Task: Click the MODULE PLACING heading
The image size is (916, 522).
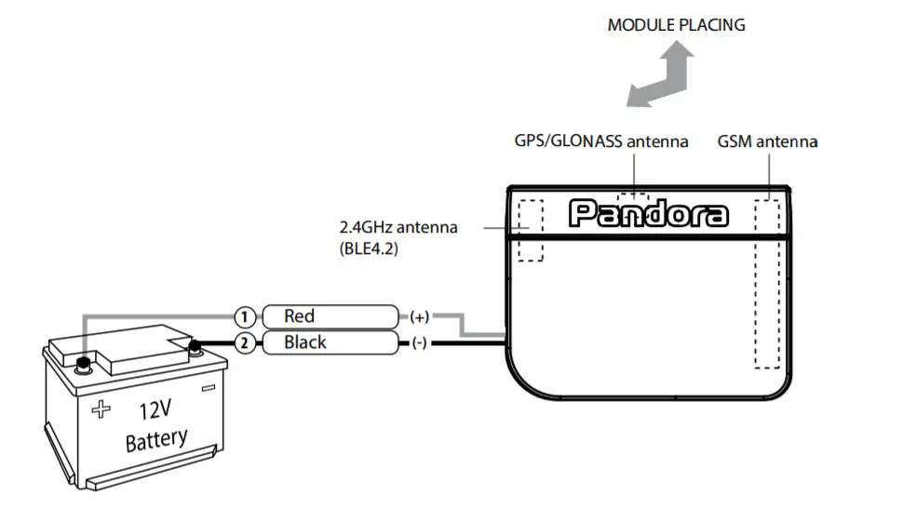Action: click(x=676, y=25)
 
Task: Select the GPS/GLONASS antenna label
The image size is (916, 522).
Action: click(x=601, y=141)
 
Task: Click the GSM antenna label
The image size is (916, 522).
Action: click(x=767, y=141)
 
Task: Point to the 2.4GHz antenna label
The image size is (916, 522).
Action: click(x=397, y=227)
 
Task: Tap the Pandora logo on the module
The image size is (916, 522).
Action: click(x=648, y=214)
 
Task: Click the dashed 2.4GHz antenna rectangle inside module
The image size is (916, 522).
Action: click(x=531, y=230)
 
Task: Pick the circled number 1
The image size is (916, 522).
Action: click(x=244, y=316)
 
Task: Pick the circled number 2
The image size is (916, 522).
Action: click(x=244, y=343)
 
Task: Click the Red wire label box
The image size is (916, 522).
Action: click(x=328, y=316)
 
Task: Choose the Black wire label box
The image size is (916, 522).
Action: click(x=328, y=343)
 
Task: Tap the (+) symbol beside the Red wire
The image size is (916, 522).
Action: click(x=418, y=316)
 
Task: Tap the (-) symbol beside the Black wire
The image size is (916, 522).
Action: click(x=418, y=343)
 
